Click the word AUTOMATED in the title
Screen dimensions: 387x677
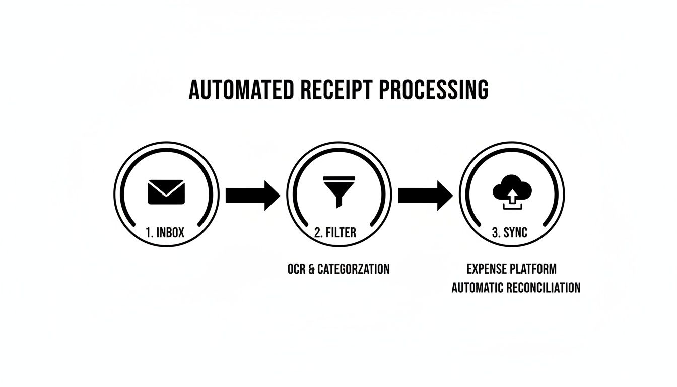(241, 90)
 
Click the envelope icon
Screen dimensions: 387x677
(166, 192)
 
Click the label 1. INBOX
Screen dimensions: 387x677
(165, 233)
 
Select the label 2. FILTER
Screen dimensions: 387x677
(335, 233)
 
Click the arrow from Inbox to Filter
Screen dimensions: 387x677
(252, 195)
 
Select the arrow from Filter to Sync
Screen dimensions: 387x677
(425, 195)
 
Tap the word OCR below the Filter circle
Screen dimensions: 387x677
(296, 269)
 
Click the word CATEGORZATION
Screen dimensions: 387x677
(354, 269)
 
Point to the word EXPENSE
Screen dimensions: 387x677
(488, 269)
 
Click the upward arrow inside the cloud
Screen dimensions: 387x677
(512, 196)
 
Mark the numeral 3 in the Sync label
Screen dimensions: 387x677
(494, 233)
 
